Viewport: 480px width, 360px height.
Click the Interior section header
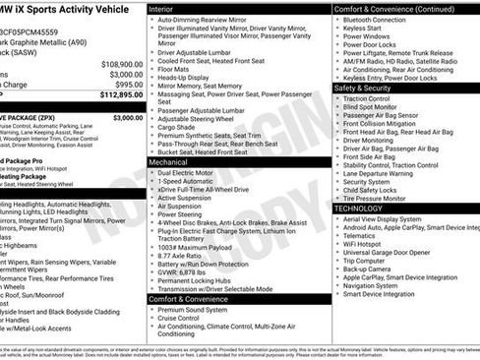[167, 8]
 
